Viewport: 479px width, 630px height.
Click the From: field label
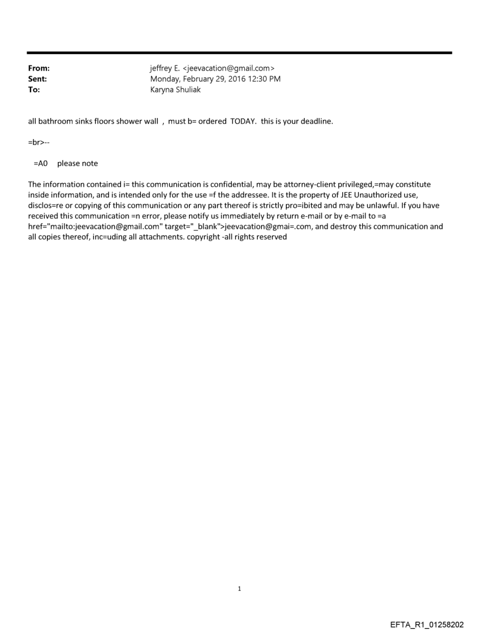(39, 69)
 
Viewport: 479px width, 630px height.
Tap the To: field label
(34, 90)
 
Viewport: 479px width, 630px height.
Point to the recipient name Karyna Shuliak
(176, 90)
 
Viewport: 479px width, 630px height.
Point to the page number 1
(239, 588)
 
